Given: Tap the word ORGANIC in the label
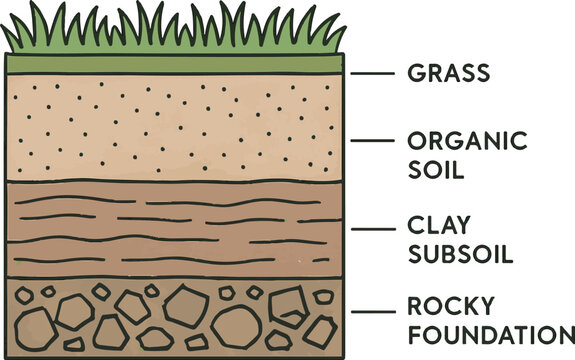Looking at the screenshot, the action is tap(467, 140).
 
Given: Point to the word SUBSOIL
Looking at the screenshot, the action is tap(460, 254).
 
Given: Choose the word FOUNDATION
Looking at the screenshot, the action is tap(489, 334).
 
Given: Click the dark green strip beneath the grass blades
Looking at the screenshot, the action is tap(175, 64).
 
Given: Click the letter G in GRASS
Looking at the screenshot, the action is tap(416, 73).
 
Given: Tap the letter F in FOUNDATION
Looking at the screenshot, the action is tap(413, 334).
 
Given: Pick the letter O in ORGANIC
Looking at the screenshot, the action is tap(418, 140).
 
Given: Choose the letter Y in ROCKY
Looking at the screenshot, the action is tap(493, 306).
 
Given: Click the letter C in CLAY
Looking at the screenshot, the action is tap(415, 226).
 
